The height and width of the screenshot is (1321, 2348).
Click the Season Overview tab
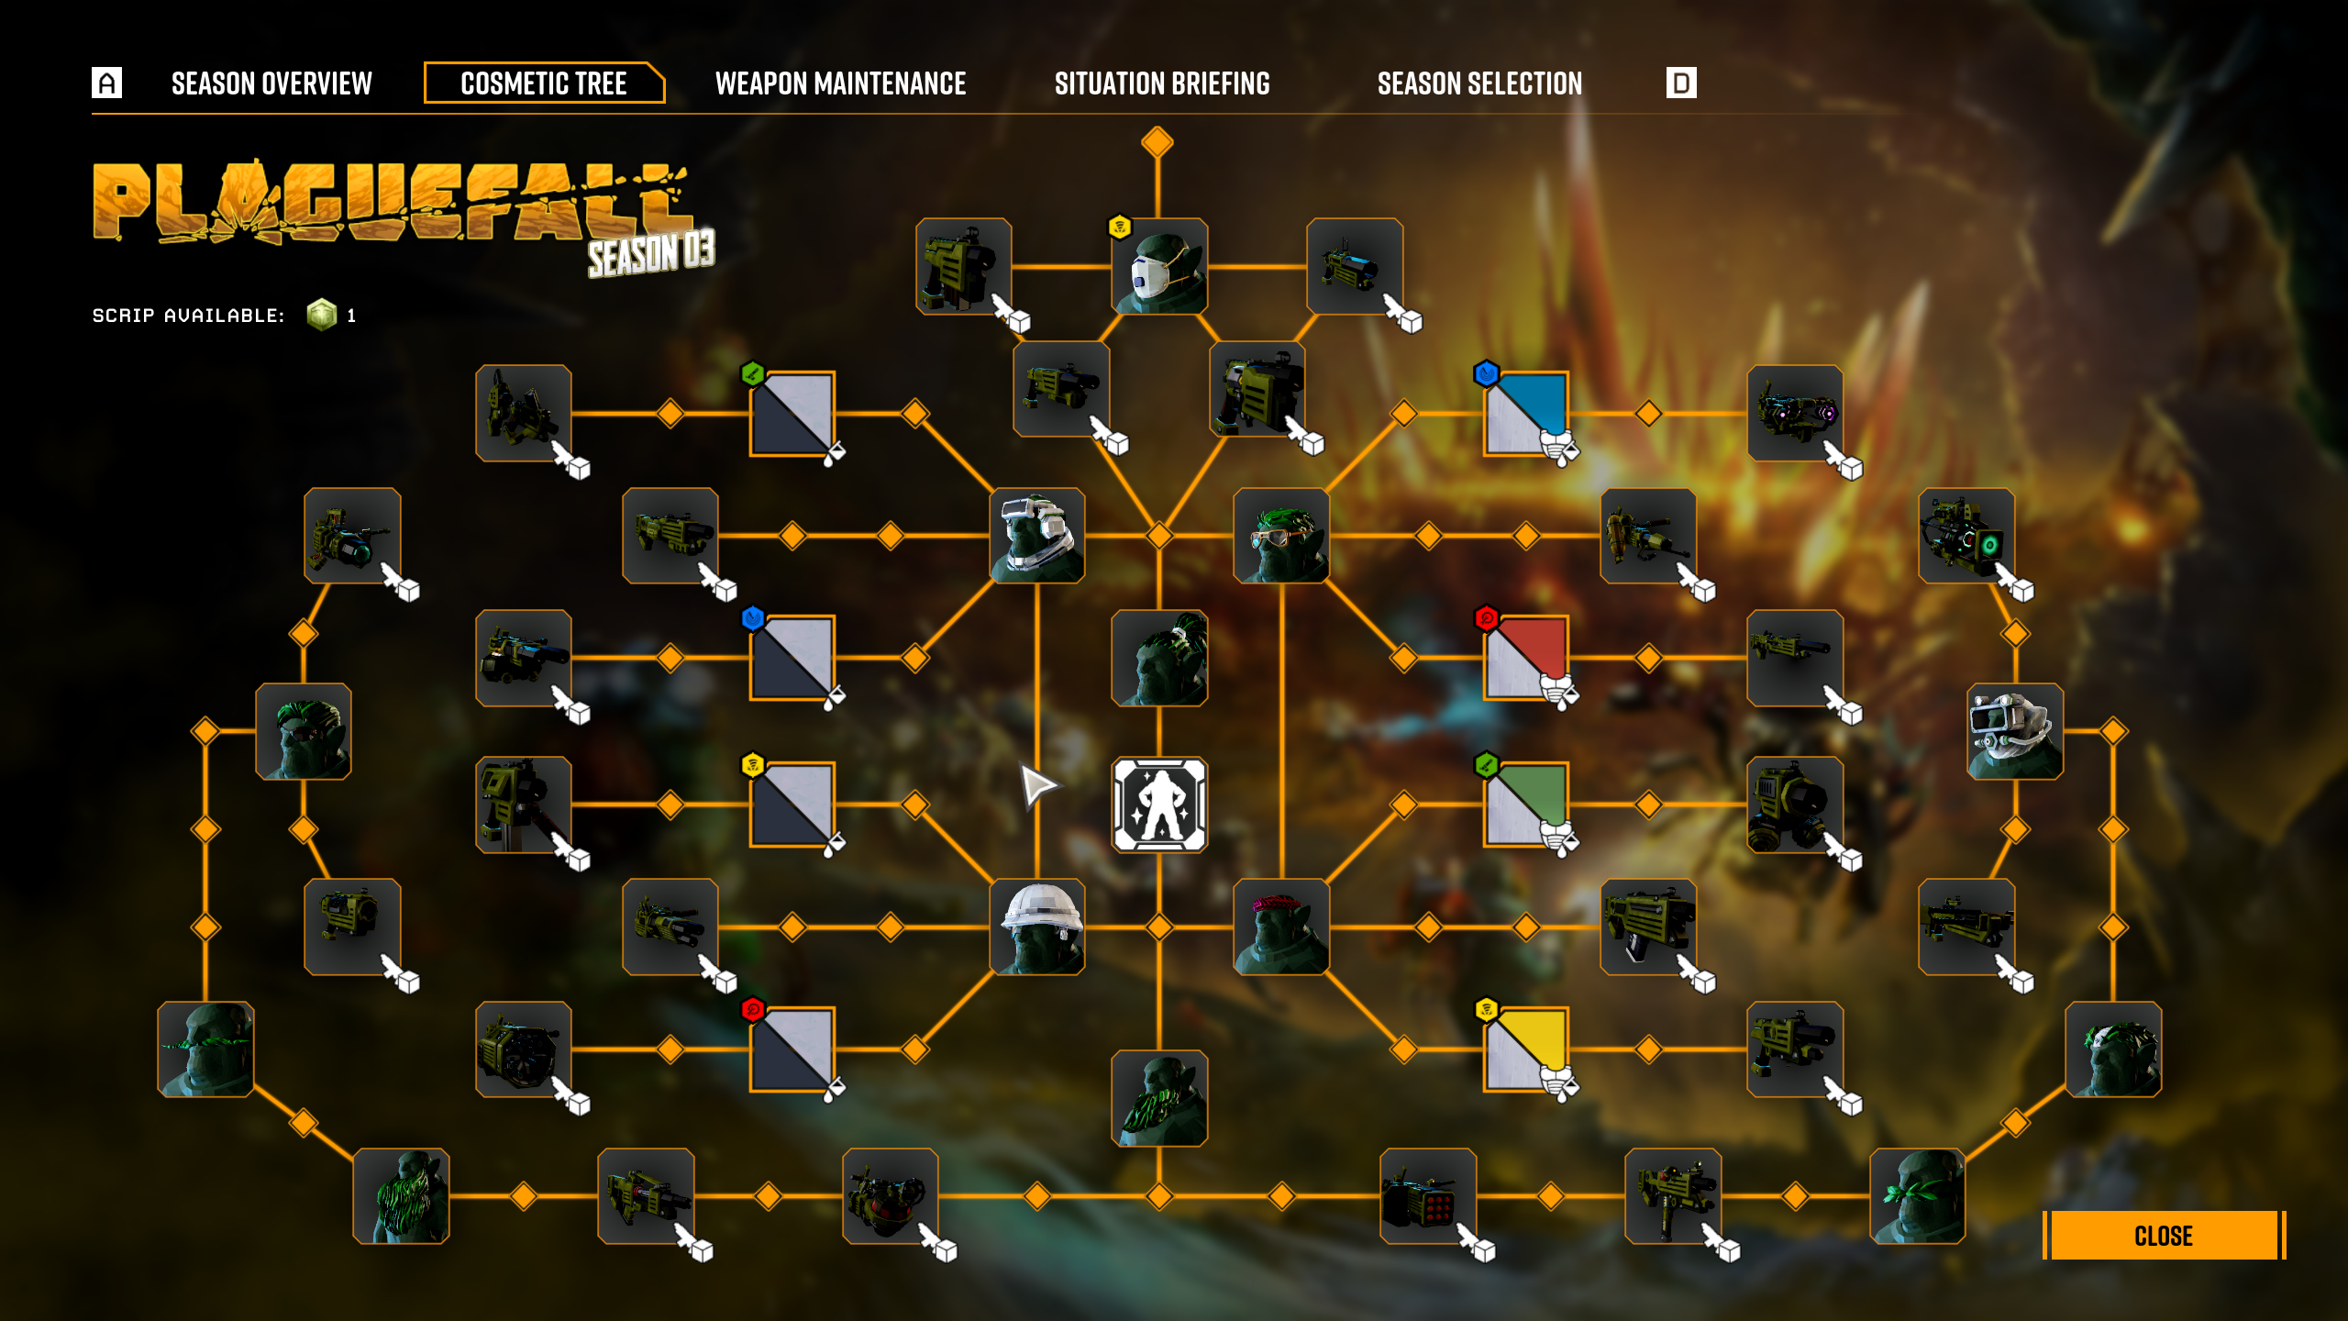point(271,83)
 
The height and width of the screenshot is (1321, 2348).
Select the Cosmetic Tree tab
point(544,83)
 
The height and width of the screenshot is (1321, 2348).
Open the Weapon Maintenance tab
point(840,83)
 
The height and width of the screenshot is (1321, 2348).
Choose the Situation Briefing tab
point(1162,83)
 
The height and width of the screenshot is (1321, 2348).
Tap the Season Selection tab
point(1479,83)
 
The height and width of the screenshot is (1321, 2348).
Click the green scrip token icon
point(322,315)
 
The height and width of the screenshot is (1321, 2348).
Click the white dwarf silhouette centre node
point(1159,805)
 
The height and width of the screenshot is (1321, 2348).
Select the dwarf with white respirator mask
point(1159,267)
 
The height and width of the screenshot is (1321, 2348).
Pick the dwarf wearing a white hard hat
point(1037,927)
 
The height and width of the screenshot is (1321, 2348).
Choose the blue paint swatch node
point(1526,413)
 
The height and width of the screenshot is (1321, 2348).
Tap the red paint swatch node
point(1526,658)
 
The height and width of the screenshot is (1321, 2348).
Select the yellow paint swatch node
point(1526,1049)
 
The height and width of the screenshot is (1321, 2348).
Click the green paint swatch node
point(1526,805)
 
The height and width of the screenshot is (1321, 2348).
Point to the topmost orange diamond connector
point(1157,142)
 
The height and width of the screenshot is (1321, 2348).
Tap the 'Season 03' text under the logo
point(651,253)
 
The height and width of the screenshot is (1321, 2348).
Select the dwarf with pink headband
point(1281,927)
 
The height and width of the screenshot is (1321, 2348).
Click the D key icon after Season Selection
point(1681,83)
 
